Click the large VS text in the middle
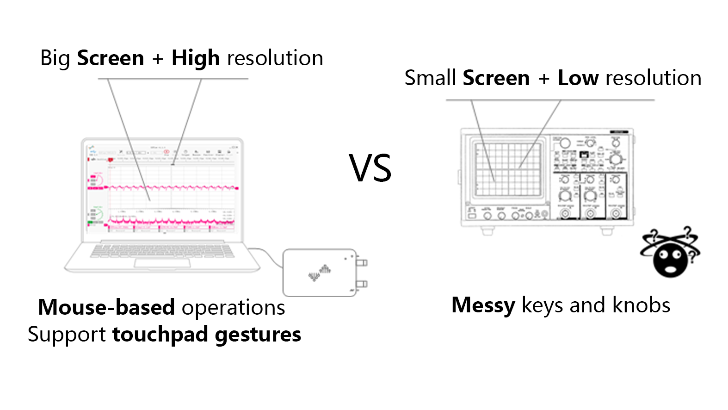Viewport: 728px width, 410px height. (x=370, y=168)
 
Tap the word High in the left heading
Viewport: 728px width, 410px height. (x=195, y=59)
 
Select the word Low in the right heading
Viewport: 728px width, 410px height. (x=578, y=78)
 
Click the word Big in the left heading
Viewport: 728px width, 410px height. (x=55, y=59)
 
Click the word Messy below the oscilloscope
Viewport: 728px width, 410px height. (x=483, y=306)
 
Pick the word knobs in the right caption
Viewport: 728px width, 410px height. (x=641, y=305)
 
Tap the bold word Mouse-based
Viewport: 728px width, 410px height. (x=106, y=307)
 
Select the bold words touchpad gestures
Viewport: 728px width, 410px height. (x=207, y=335)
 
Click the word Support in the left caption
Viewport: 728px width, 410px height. (x=67, y=335)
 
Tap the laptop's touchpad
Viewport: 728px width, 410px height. (x=162, y=263)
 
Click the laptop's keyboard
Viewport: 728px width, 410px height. (x=162, y=250)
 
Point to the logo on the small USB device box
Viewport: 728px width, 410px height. (x=319, y=273)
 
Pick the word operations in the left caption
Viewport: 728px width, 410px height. (x=233, y=307)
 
